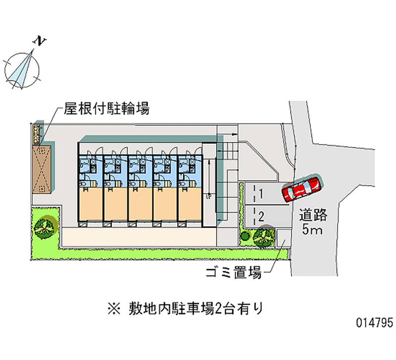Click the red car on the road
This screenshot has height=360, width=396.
(301, 188)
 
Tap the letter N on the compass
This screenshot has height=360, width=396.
(40, 41)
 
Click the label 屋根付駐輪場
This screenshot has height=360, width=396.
(106, 108)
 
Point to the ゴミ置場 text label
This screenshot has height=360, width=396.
(234, 272)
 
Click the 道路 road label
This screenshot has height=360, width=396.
(313, 215)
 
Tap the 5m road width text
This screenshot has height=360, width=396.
(312, 229)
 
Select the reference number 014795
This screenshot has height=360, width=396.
(375, 322)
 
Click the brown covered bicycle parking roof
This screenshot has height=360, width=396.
(42, 169)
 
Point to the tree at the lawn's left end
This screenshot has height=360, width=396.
(45, 227)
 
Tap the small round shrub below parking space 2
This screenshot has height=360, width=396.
(245, 236)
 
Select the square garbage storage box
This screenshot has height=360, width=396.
(284, 238)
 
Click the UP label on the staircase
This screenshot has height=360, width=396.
(209, 196)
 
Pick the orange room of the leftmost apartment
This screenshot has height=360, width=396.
(91, 204)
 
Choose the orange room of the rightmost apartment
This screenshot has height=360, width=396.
(190, 204)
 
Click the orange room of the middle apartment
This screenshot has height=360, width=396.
(140, 204)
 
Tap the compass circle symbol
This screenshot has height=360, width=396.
(22, 70)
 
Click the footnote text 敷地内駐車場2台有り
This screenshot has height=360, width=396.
(196, 309)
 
